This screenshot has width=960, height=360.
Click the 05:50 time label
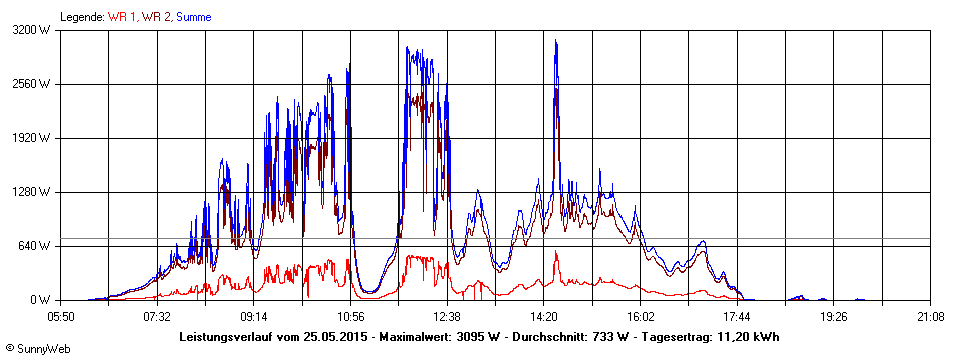pyautogui.click(x=61, y=317)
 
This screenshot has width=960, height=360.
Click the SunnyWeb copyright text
pyautogui.click(x=37, y=348)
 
